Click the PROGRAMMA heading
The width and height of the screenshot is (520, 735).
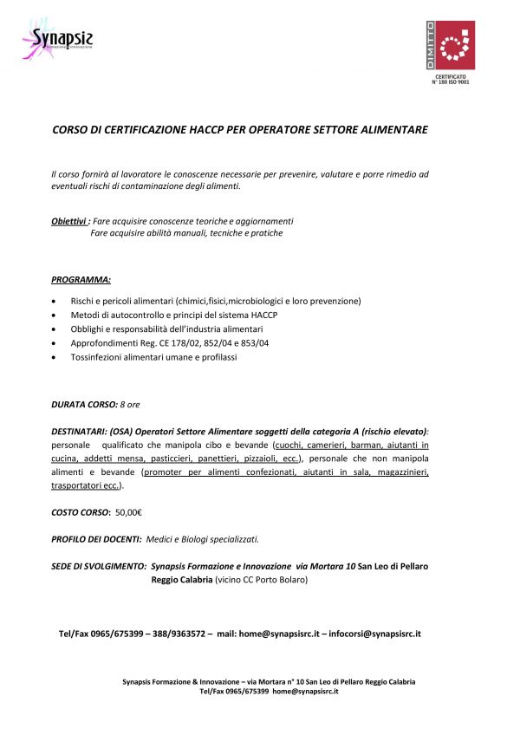click(x=81, y=280)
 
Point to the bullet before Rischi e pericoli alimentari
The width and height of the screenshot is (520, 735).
click(x=55, y=301)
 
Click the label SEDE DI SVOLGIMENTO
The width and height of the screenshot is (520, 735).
click(x=98, y=566)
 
